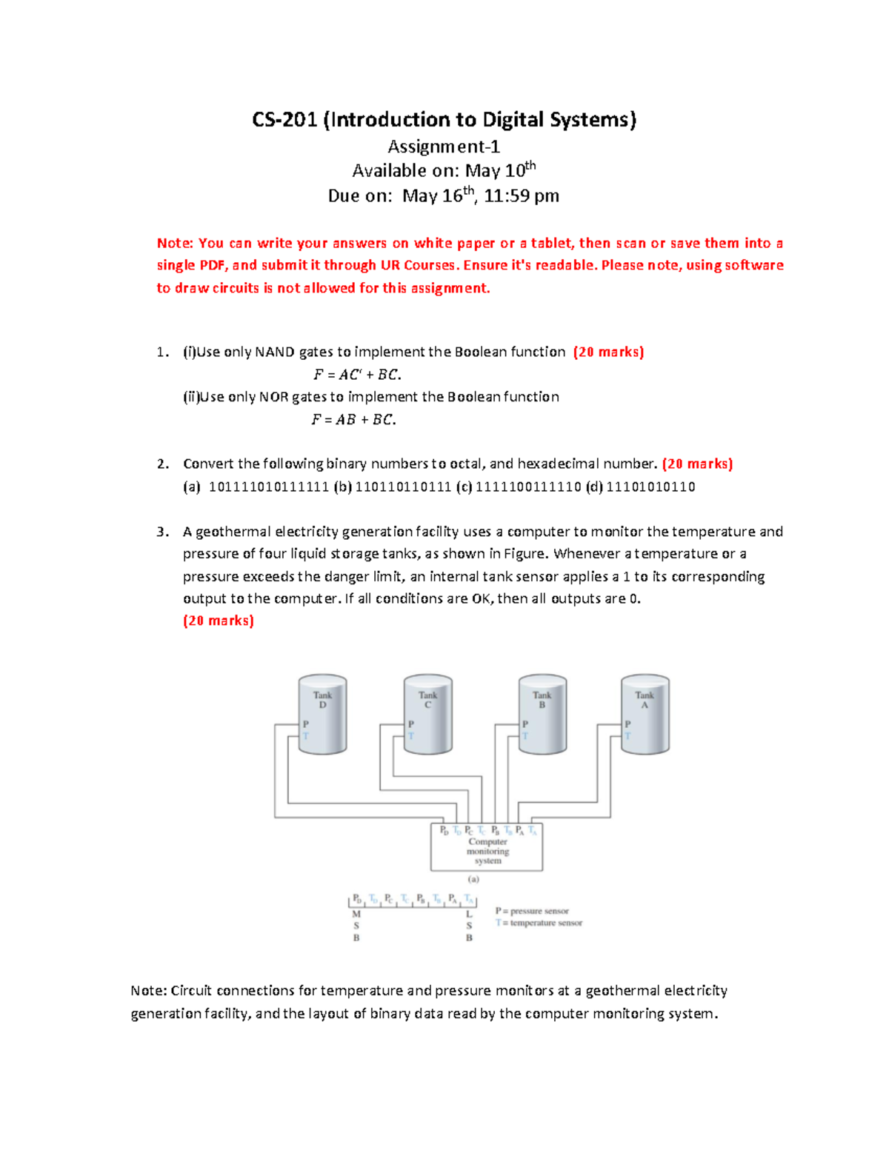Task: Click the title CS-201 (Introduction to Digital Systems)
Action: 444,120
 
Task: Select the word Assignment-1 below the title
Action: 444,147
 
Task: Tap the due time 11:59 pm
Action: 522,196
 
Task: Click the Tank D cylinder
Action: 322,715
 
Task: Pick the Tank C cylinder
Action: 427,715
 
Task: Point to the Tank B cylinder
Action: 542,715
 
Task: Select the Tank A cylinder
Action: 645,715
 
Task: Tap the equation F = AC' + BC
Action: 357,375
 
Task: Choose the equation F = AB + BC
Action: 353,420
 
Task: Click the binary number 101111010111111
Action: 269,487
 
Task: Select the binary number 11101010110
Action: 650,487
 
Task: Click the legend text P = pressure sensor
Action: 532,911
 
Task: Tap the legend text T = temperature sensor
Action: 539,923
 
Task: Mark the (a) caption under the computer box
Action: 473,880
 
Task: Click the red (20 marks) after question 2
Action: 697,464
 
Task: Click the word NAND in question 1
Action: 275,352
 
